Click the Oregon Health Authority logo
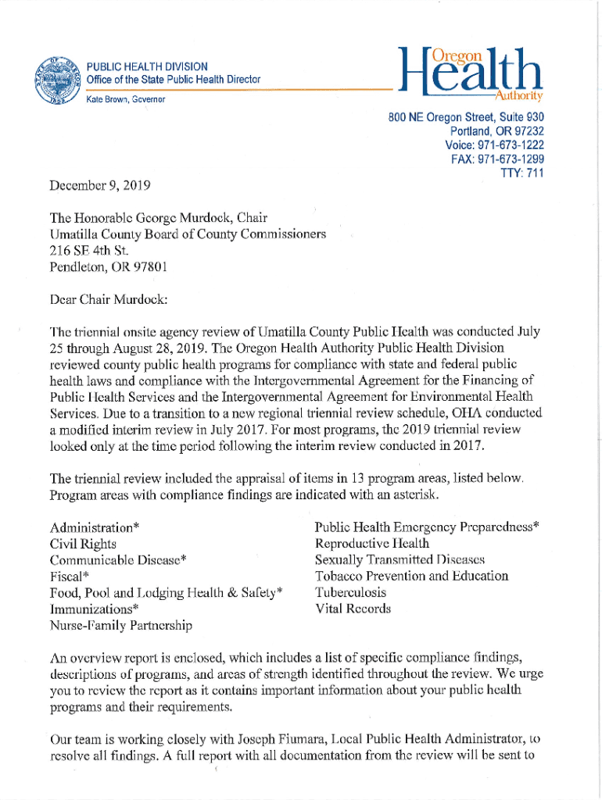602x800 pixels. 469,73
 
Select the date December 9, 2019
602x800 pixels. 100,186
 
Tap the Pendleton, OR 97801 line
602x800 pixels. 108,267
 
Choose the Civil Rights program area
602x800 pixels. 83,544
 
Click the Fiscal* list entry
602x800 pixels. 70,577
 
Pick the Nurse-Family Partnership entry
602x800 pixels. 121,625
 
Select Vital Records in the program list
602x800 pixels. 353,609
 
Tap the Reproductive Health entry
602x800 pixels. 371,544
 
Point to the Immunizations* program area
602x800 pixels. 95,609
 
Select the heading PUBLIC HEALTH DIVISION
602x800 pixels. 147,66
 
